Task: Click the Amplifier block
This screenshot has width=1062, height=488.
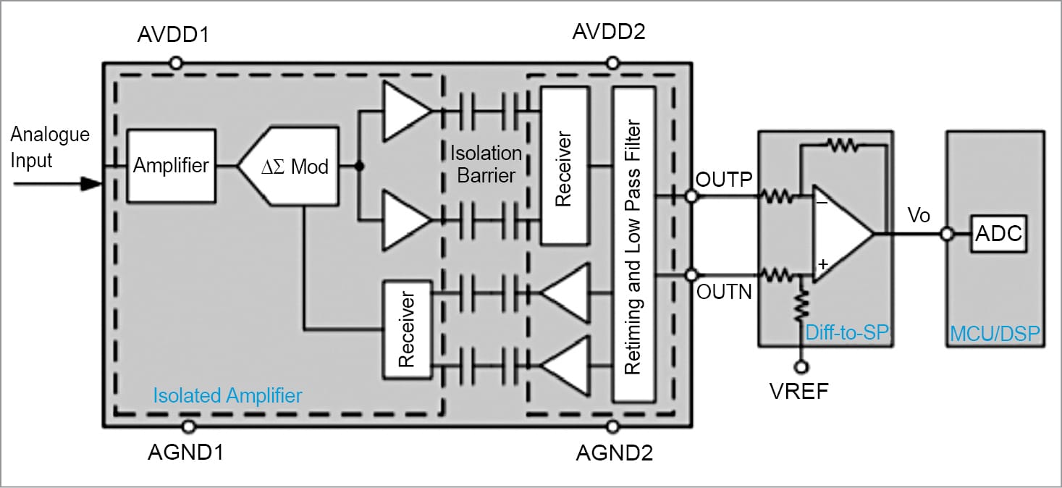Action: click(171, 166)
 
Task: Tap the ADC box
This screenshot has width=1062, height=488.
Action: click(999, 234)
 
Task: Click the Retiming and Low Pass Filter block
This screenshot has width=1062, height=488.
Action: click(633, 245)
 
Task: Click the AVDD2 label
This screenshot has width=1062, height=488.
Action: click(609, 33)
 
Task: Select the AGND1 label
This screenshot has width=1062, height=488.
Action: click(186, 453)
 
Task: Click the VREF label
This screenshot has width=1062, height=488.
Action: click(800, 392)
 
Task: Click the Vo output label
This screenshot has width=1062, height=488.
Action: click(919, 216)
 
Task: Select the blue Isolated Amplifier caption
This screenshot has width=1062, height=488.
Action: click(227, 395)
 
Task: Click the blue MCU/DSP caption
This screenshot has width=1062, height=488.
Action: click(995, 334)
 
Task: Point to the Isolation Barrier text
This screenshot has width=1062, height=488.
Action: click(486, 164)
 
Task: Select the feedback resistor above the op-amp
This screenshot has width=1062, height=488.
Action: click(842, 146)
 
